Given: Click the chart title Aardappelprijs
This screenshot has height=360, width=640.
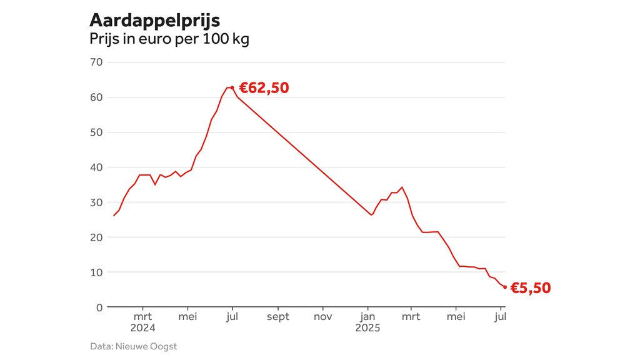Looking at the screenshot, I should click(x=154, y=20).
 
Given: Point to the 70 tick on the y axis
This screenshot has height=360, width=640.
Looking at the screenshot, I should click(x=96, y=62).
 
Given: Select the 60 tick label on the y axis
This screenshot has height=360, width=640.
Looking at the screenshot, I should click(x=96, y=97).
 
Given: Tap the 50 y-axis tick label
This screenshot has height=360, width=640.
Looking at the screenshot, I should click(x=96, y=132).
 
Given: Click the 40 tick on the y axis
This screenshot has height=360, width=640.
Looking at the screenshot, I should click(x=96, y=167).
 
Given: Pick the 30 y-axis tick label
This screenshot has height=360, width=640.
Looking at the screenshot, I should click(x=96, y=202).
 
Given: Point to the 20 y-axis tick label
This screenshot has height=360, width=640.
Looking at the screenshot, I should click(x=96, y=237).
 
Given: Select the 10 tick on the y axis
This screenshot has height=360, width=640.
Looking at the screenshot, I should click(x=96, y=272).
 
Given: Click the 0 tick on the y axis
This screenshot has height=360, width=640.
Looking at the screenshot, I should click(x=99, y=307).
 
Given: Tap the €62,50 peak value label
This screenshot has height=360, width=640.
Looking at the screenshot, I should click(x=264, y=88).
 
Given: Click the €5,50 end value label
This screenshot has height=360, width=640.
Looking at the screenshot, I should click(x=531, y=288).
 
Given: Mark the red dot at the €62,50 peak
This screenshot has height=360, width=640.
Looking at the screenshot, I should click(x=232, y=87).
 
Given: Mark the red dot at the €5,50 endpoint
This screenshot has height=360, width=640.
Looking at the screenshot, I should click(x=505, y=287).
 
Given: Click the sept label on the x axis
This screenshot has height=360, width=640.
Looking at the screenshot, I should click(x=278, y=317).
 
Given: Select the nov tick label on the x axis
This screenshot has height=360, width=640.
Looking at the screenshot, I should click(x=323, y=317).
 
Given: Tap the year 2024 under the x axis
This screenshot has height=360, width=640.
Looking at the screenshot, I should click(x=142, y=327).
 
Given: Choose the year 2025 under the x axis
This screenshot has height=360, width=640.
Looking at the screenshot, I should click(x=367, y=327).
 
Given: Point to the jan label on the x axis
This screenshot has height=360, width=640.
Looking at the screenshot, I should click(x=367, y=317).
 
